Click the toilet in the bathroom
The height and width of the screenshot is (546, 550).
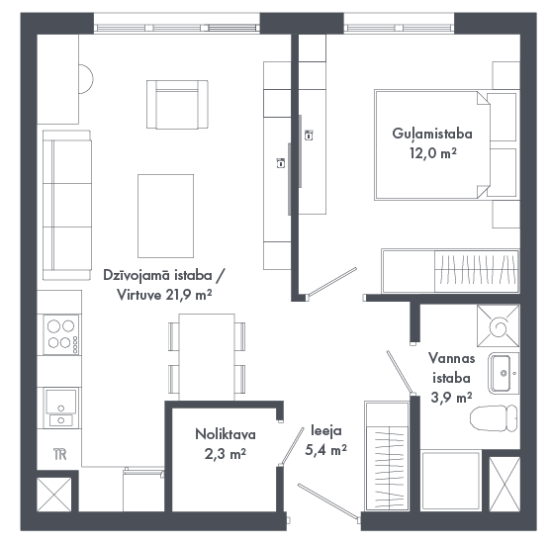(494, 418)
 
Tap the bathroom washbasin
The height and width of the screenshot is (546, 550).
(504, 373)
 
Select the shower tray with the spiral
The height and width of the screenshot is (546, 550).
(499, 325)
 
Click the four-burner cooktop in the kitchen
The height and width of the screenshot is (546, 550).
(61, 334)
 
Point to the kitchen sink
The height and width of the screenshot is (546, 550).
(61, 408)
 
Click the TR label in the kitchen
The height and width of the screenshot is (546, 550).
(60, 454)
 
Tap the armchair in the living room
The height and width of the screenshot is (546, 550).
(177, 105)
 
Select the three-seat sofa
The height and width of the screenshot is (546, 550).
(67, 205)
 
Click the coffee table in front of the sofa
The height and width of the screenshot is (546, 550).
(165, 216)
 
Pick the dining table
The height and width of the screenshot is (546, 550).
(207, 357)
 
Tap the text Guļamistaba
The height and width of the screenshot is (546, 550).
(432, 134)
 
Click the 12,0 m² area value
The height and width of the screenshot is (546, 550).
(433, 153)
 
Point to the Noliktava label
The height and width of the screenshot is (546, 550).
(226, 434)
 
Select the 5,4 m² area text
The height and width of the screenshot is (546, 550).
(325, 450)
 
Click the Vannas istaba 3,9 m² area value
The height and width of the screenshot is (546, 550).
(451, 398)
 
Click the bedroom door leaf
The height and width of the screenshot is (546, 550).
(331, 282)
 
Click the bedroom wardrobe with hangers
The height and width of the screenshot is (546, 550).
(450, 271)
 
